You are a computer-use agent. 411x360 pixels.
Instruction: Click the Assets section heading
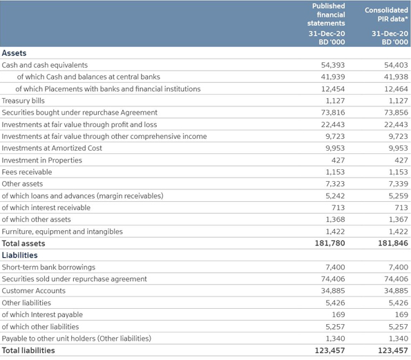pos(14,53)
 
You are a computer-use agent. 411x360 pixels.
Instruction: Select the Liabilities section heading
pos(19,255)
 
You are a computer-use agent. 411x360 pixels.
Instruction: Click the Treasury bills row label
pos(23,101)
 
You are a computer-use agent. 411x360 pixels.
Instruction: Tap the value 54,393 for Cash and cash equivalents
pos(333,65)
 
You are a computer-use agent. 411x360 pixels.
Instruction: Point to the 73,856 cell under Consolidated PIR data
pos(396,113)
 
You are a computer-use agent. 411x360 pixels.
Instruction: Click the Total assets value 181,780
pos(329,243)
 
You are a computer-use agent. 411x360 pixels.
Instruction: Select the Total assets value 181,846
pos(393,243)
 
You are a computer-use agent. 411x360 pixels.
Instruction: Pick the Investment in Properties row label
pos(42,160)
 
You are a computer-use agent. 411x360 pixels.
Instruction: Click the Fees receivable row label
pos(27,172)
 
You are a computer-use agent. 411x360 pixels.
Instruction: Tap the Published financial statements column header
pos(327,15)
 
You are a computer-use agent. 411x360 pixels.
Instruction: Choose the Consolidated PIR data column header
pos(386,15)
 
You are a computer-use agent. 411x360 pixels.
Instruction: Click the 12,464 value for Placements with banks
pos(396,89)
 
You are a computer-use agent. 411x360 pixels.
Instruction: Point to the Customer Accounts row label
pos(34,291)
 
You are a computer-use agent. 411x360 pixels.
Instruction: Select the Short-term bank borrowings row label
pos(48,267)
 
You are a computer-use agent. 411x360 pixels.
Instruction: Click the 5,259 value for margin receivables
pos(398,196)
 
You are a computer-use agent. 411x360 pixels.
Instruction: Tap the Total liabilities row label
pos(28,350)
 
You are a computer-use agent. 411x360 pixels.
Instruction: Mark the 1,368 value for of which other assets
pos(335,220)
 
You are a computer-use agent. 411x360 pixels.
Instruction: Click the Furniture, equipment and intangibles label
pos(62,231)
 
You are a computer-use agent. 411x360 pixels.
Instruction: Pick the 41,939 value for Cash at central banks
pos(333,77)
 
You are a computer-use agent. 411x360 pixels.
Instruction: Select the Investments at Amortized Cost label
pos(52,148)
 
